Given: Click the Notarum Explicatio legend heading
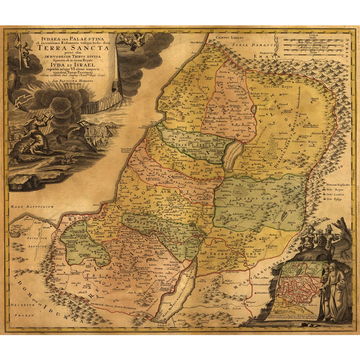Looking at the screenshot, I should [338, 184].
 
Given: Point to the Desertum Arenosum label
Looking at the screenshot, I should [37, 242].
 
